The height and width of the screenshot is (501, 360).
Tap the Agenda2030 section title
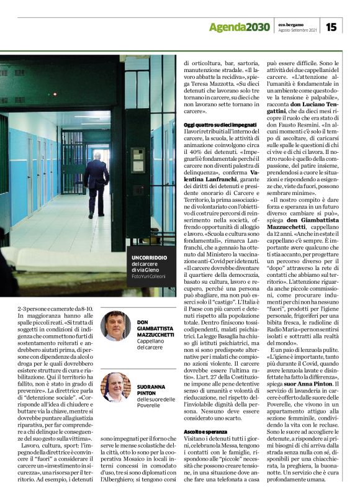pos(239,27)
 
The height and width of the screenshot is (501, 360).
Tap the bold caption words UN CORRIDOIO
pos(150,257)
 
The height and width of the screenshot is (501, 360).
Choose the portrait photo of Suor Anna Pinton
pos(115,386)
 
